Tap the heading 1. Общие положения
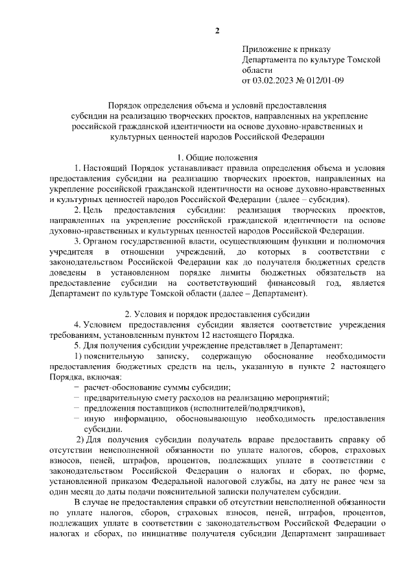coord(217,158)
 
